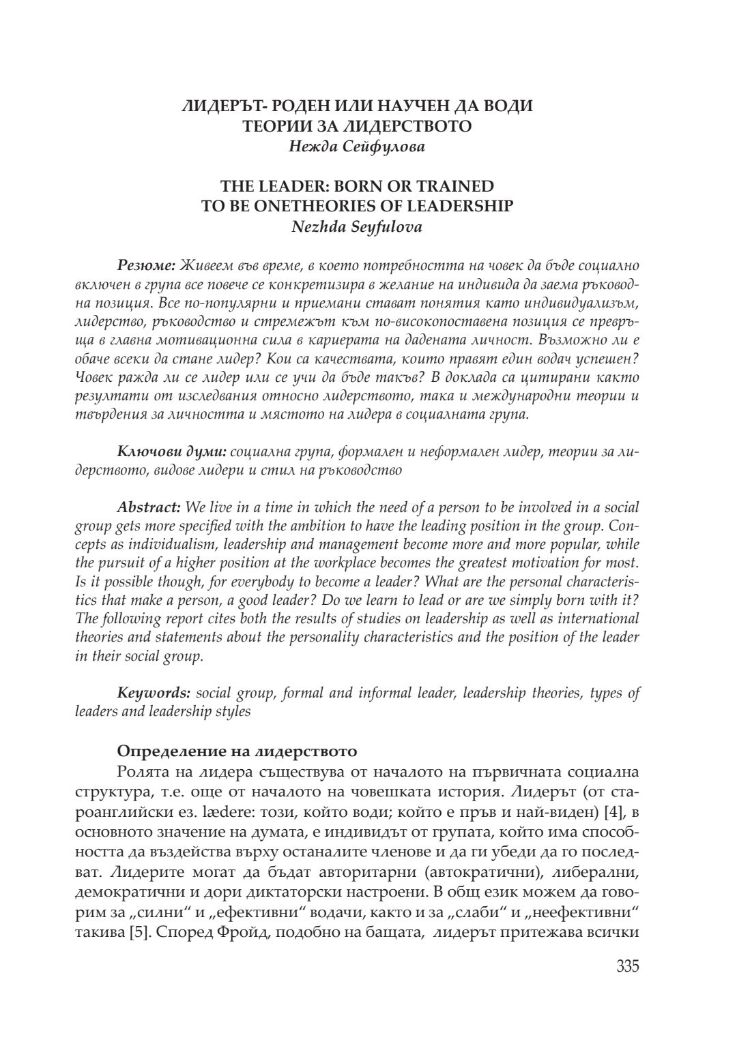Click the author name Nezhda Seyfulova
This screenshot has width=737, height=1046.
(356, 227)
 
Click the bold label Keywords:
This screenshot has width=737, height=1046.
(154, 693)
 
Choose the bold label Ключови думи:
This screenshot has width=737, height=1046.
(171, 451)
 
